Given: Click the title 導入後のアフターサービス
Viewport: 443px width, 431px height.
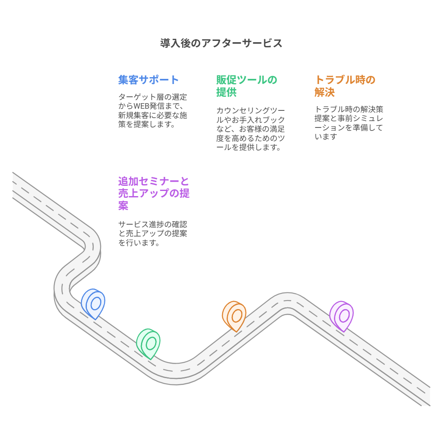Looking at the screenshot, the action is pos(221,43).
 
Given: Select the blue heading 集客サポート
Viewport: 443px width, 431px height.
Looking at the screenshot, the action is pos(148,80).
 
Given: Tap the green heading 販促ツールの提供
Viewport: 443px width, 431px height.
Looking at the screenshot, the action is pos(247,86).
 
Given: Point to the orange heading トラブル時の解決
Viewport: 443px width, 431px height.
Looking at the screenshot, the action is pos(345,86).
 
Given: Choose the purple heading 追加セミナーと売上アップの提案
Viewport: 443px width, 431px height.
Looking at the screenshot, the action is pos(154,193).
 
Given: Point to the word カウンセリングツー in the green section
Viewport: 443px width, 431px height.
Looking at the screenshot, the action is pos(250,110).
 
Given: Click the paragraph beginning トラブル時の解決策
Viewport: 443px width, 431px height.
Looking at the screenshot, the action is pos(348,123).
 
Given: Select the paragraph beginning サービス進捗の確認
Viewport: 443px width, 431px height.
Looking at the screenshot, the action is pos(152,233).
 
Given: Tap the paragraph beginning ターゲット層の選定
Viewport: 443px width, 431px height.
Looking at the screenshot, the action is pos(152,110).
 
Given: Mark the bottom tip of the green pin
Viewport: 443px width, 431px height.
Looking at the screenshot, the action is pos(151,359).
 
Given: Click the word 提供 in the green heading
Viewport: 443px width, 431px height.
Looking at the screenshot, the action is pos(226,92).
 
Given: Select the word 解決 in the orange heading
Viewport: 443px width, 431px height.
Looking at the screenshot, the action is pos(325,92).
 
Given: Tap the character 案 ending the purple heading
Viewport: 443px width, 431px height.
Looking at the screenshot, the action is pos(123,205).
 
